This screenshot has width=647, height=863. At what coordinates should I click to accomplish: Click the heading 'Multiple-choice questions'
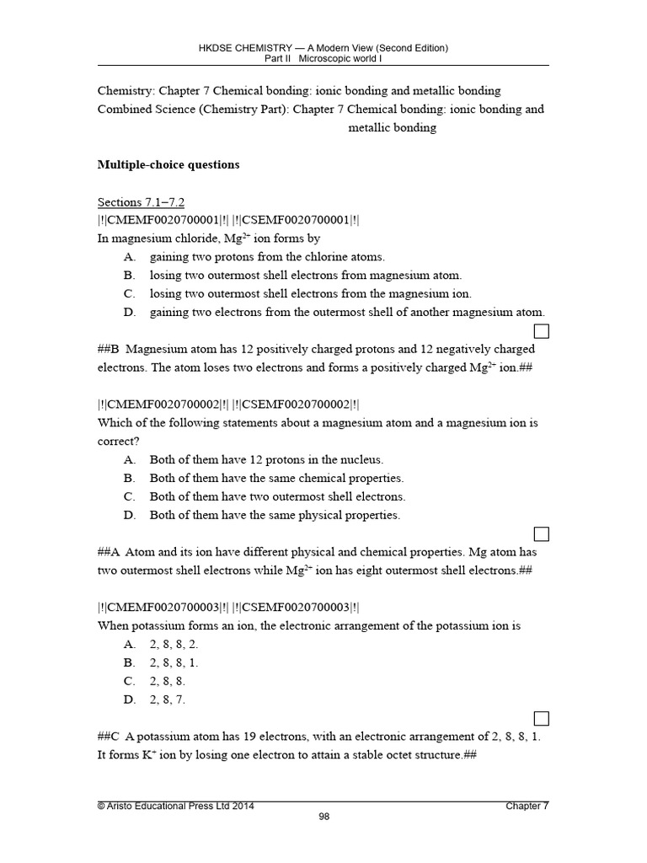tap(168, 164)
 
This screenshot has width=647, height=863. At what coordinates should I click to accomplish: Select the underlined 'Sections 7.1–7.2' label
tap(141, 202)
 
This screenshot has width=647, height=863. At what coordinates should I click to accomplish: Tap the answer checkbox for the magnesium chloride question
tap(542, 330)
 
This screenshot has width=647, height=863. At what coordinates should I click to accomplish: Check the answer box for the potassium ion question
tap(542, 718)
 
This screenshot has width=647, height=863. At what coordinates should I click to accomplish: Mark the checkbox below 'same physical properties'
tap(542, 533)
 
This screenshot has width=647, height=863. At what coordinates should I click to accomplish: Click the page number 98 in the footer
tap(323, 817)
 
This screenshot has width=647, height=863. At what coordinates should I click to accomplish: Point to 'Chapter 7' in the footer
tap(527, 806)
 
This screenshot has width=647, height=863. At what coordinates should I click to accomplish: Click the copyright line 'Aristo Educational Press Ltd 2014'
tap(176, 806)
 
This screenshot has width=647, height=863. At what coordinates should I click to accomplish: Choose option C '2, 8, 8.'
tap(168, 681)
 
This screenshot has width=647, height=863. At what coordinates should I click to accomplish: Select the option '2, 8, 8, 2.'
tap(174, 644)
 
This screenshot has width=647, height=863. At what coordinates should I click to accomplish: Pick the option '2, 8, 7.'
tap(168, 700)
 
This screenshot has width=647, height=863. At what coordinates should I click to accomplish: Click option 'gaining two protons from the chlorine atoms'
tap(267, 256)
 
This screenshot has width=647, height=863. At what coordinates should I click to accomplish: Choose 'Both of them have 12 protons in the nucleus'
tap(266, 459)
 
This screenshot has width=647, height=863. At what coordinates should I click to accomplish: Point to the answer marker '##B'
tap(110, 349)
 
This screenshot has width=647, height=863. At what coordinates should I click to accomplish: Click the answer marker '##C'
tap(110, 737)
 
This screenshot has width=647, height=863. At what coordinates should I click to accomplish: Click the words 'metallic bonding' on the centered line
tap(392, 127)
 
